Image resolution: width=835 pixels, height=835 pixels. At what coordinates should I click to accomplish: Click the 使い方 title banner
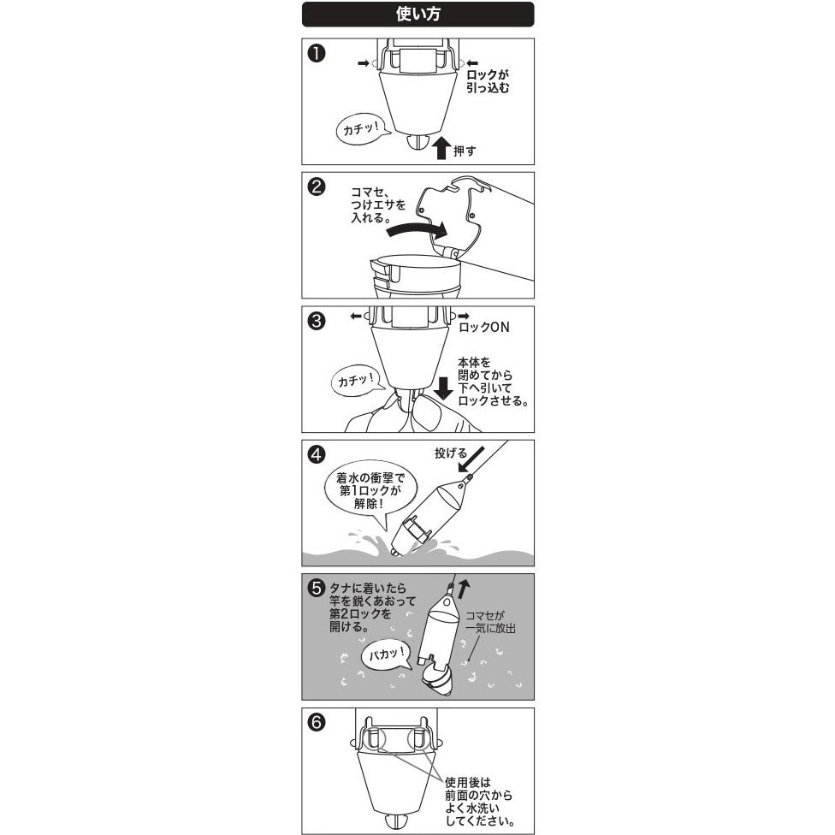click(x=417, y=14)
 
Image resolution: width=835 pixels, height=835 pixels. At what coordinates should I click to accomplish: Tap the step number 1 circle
click(x=317, y=54)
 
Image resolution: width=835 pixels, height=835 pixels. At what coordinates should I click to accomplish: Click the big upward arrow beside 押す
click(x=441, y=146)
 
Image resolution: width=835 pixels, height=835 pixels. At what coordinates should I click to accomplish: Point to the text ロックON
click(x=485, y=327)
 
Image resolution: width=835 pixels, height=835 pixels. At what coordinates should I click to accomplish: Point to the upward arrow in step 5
click(x=464, y=588)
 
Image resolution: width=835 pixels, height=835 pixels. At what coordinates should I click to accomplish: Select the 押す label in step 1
click(x=465, y=151)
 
